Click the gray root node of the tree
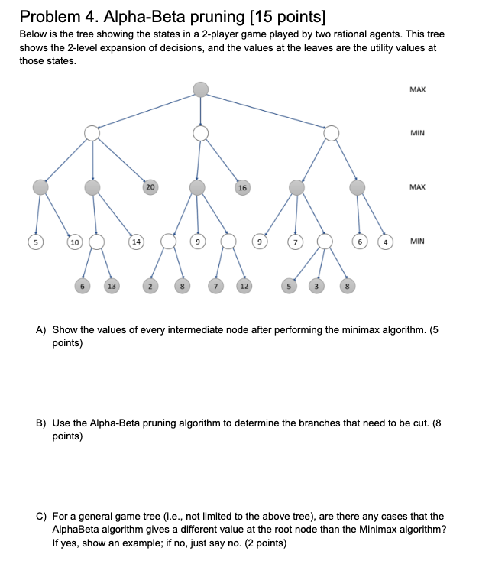(200, 89)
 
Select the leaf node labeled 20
(150, 187)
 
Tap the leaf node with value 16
(242, 187)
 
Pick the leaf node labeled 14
(136, 242)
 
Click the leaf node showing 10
(75, 242)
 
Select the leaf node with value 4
(386, 242)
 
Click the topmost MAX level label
(417, 89)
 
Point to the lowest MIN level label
(417, 242)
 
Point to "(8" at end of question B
(436, 423)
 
